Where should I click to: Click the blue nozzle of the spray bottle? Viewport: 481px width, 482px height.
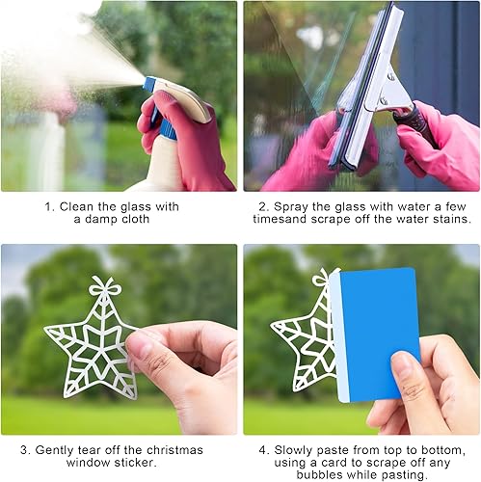pos(149,83)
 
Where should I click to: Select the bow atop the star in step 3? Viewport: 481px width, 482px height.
pos(105,286)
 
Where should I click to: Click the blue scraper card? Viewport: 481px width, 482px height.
pos(375,335)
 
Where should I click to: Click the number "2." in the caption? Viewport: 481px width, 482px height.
pos(264,207)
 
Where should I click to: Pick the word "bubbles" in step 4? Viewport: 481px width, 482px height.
pos(319,474)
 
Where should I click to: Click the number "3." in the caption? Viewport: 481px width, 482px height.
pos(25,450)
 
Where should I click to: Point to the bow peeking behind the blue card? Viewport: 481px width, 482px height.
pos(322,278)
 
